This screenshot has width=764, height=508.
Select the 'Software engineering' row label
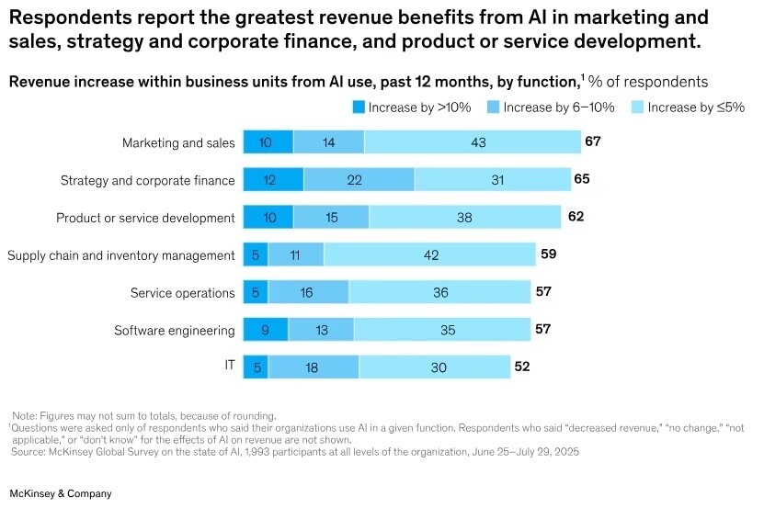[175, 330]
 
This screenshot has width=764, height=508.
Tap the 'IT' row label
[230, 366]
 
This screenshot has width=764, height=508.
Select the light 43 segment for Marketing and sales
[473, 142]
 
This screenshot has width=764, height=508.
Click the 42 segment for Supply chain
[429, 254]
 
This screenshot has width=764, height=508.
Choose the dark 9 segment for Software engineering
[266, 330]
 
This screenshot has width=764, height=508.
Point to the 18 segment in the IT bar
[314, 367]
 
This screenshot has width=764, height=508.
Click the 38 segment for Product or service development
[464, 217]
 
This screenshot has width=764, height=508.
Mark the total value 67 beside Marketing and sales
[592, 141]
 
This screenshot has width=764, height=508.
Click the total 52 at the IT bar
[522, 366]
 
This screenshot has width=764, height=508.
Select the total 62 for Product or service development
[576, 217]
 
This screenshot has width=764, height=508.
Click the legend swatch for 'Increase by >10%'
[359, 107]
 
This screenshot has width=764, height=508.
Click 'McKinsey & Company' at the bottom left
[61, 493]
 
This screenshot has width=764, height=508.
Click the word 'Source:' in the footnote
[30, 451]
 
